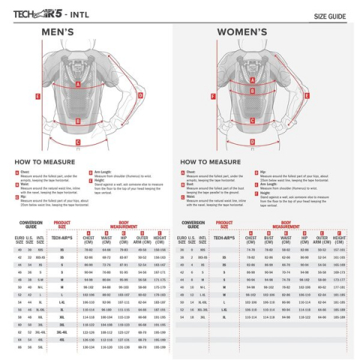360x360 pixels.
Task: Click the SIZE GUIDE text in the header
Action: (x=329, y=15)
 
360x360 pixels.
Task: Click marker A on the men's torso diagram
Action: (x=77, y=85)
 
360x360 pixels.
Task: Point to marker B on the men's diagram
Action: (x=77, y=118)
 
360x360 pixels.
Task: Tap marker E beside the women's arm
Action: (x=213, y=97)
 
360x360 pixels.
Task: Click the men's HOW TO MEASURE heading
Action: (x=43, y=161)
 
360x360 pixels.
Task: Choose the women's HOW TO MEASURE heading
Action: (x=211, y=161)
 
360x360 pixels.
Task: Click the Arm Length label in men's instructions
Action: (x=100, y=172)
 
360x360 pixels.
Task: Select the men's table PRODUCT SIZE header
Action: (x=62, y=224)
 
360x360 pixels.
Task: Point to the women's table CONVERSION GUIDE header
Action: (x=193, y=224)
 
